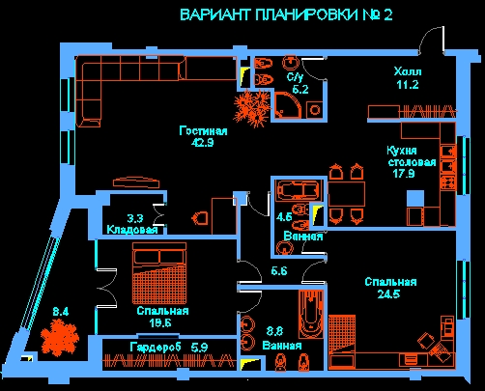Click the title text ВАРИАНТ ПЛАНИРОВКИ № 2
(x=286, y=15)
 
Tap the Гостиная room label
(x=203, y=131)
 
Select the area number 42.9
(x=203, y=142)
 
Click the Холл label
(x=408, y=71)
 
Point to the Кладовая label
(x=132, y=230)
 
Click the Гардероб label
(x=156, y=348)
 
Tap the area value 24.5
(x=388, y=294)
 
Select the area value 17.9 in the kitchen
(x=404, y=174)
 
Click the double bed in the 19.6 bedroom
(x=159, y=273)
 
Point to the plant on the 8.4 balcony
(x=60, y=338)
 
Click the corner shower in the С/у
(x=288, y=105)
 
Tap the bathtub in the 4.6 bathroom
(x=298, y=190)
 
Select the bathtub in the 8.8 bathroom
(x=310, y=314)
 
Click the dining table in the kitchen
(x=346, y=193)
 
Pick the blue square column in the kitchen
(x=415, y=199)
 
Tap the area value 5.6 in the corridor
(x=279, y=271)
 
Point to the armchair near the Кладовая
(x=200, y=218)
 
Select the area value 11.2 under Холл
(x=408, y=85)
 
